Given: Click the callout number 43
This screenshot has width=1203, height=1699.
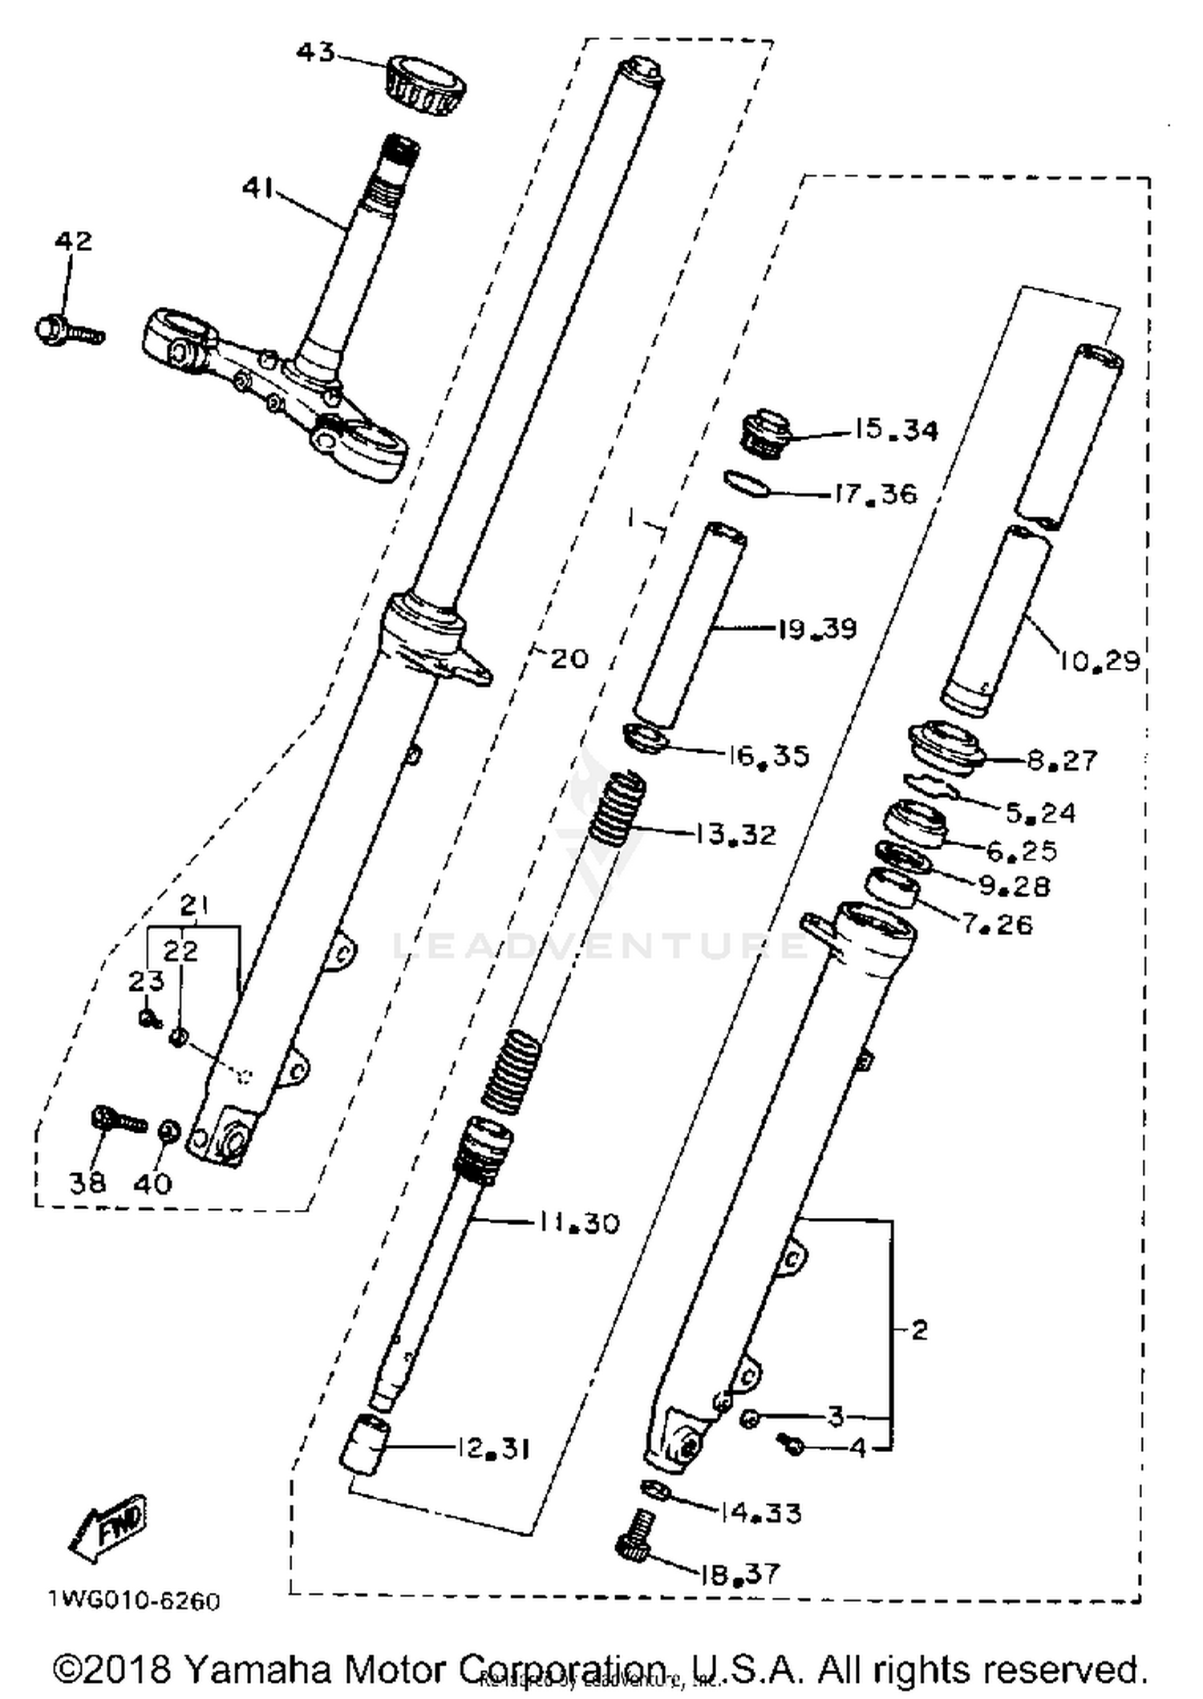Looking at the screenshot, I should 315,53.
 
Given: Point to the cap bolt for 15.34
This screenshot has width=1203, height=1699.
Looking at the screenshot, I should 764,435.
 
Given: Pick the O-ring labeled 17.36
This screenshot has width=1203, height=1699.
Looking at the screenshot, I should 746,484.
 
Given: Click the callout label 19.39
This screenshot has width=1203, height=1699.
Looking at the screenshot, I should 816,628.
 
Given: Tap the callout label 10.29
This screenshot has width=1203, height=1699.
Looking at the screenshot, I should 1098,661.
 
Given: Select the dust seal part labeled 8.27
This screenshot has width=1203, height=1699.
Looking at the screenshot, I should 946,746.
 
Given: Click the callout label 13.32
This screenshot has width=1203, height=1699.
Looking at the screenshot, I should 735,835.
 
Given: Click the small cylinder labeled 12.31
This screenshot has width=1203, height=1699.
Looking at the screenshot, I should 366,1443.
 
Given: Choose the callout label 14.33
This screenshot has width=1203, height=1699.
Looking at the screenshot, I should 759,1513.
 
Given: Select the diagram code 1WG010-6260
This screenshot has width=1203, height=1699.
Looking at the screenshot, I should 133,1601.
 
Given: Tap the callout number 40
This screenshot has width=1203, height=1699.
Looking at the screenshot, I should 152,1183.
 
